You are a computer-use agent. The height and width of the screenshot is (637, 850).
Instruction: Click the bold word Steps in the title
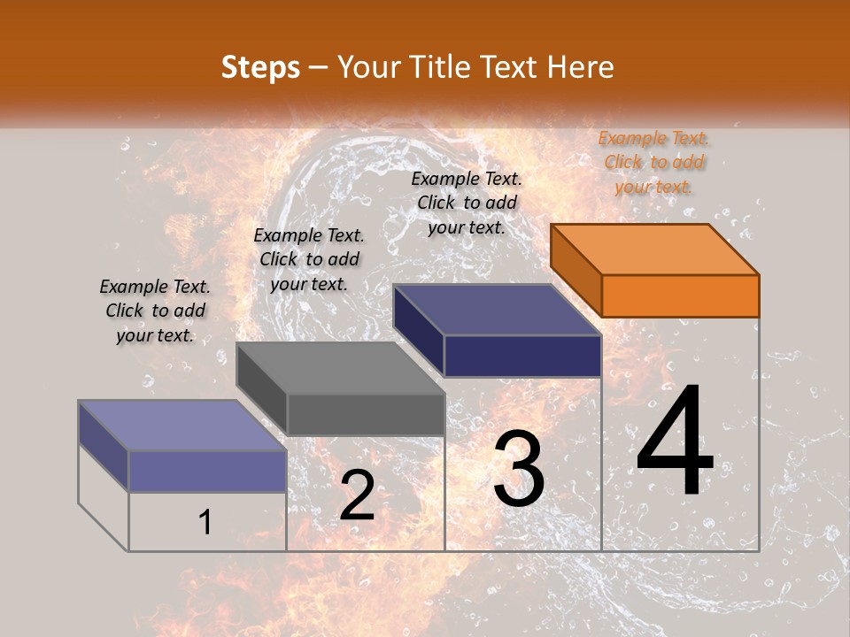pos(260,67)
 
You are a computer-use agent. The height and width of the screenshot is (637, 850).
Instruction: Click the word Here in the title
pos(581,67)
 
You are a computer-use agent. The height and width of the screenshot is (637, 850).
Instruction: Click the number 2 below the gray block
pos(357,495)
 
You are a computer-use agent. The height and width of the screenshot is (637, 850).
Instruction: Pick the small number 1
pos(205,523)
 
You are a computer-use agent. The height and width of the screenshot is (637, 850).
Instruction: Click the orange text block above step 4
pos(653,162)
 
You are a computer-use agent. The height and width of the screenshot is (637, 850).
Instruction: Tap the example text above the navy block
pos(467,203)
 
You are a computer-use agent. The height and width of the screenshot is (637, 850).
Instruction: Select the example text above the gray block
pos(309,259)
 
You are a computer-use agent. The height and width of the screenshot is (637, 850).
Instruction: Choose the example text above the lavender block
pos(155,311)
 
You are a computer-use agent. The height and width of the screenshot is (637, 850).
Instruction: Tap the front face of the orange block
pos(680,295)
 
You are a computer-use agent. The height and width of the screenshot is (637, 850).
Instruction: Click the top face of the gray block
pos(340,367)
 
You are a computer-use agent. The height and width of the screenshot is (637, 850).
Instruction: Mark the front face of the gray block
pos(366,414)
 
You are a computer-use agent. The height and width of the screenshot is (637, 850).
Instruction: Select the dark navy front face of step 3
pos(522,356)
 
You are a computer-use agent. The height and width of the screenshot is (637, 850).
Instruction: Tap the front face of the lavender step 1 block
pos(207,471)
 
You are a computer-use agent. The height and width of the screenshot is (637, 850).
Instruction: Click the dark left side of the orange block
pos(576,269)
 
